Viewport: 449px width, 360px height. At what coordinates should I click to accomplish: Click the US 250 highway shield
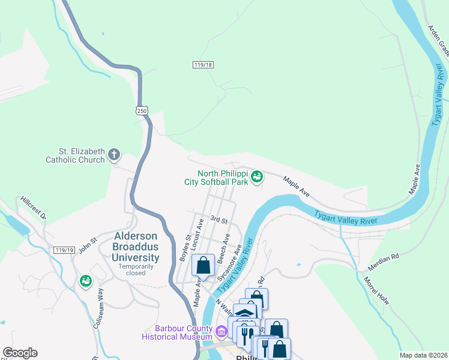(141, 110)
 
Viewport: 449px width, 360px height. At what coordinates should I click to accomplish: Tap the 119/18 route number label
(203, 65)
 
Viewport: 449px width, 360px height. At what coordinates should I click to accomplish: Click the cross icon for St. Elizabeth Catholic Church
(114, 155)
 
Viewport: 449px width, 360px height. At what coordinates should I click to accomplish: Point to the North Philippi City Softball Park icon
(257, 176)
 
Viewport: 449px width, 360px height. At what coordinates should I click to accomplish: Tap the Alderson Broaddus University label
(136, 247)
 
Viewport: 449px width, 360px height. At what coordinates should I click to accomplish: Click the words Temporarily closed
(140, 269)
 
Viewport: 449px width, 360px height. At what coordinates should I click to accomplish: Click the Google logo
(20, 353)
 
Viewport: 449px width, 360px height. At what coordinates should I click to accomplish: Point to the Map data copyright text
(423, 355)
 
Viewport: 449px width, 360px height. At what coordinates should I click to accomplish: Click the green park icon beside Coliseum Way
(86, 281)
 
